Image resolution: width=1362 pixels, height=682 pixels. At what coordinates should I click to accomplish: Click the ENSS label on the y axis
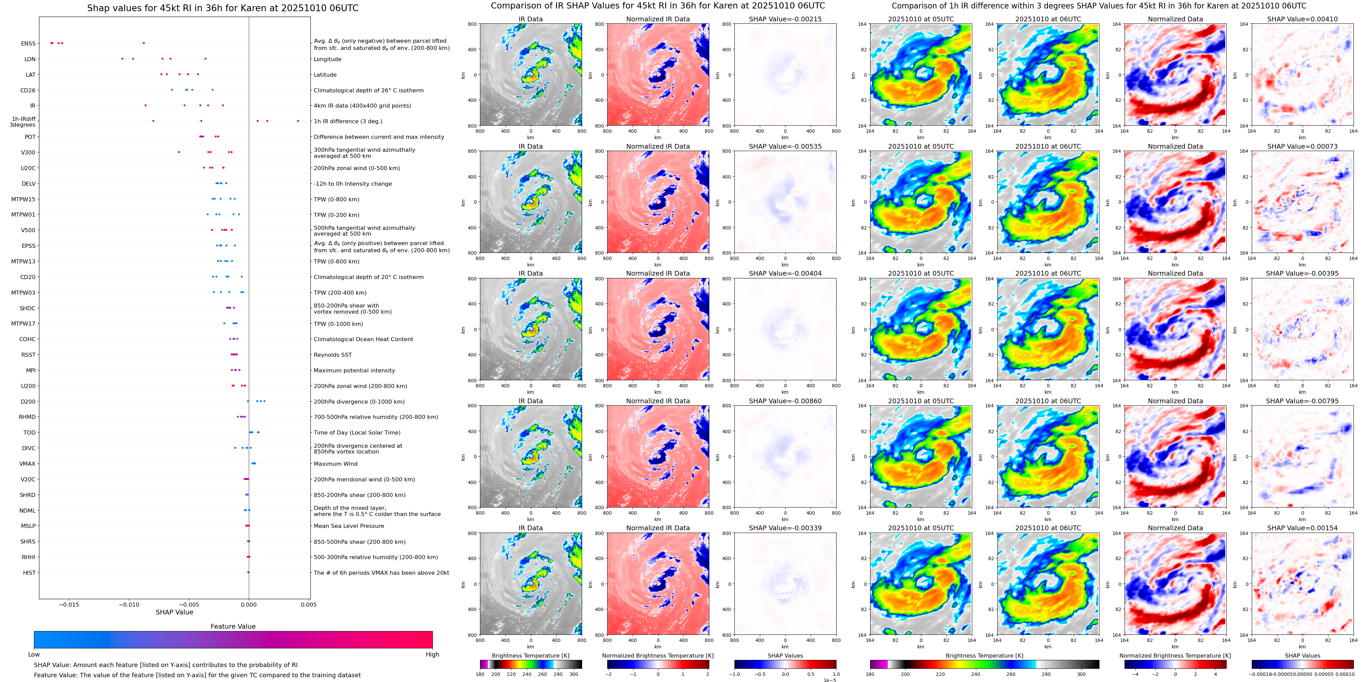(28, 44)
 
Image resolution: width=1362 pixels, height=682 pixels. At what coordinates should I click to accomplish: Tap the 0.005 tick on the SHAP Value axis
(309, 605)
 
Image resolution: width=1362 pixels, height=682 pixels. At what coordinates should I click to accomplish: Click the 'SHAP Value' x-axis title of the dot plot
(174, 612)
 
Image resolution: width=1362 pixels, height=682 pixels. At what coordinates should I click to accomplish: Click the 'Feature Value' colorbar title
(233, 626)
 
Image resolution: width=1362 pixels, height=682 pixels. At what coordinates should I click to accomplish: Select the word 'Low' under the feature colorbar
(34, 655)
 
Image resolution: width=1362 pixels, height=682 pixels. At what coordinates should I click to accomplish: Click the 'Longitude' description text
(327, 59)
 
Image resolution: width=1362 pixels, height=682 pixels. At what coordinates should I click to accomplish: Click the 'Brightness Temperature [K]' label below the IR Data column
(530, 656)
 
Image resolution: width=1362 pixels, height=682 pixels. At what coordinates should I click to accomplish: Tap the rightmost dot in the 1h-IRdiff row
(298, 121)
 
